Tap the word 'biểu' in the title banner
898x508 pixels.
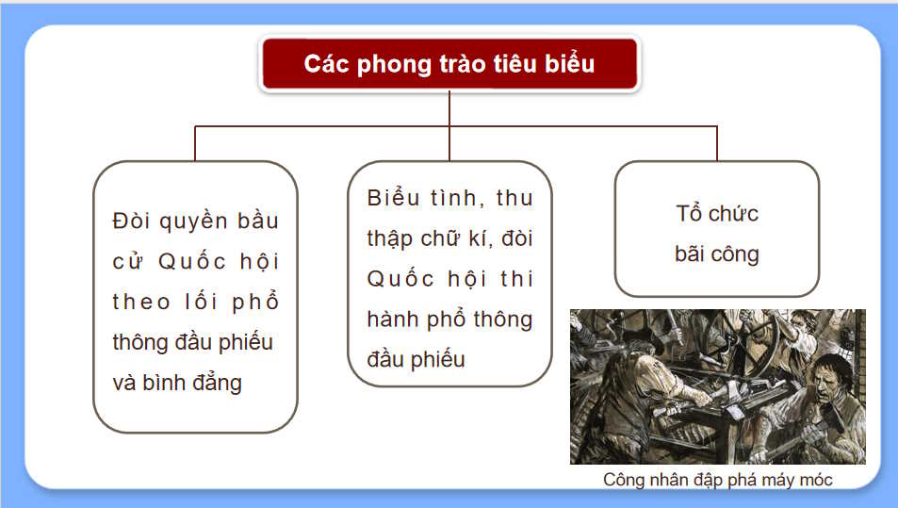click(568, 64)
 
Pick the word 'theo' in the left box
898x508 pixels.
click(141, 302)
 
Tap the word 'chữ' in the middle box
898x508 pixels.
click(448, 238)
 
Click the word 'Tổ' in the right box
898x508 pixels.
click(690, 213)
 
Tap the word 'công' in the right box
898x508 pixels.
click(737, 254)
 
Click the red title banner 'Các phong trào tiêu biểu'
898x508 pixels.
click(449, 64)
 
